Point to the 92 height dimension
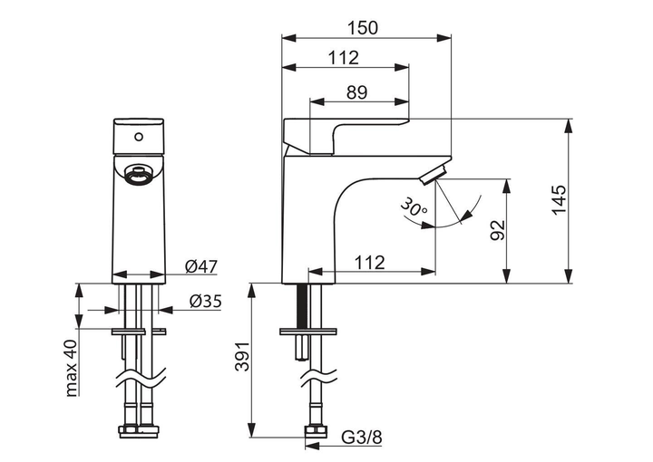(x=496, y=230)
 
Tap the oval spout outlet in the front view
(x=138, y=174)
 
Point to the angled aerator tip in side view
(x=438, y=174)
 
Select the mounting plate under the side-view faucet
(x=307, y=332)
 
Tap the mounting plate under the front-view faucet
(x=140, y=332)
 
